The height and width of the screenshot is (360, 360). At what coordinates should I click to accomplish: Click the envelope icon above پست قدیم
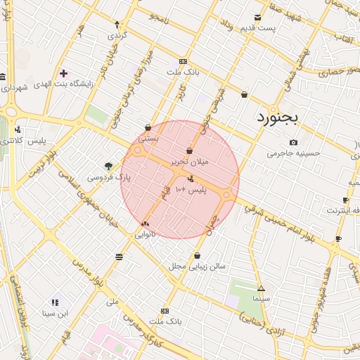[258, 18]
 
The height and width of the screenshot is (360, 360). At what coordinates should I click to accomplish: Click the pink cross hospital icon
[63, 73]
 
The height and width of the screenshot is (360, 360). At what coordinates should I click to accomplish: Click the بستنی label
[148, 139]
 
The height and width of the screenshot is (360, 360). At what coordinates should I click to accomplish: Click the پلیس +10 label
[190, 190]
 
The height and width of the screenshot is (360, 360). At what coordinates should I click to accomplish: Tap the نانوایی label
[145, 235]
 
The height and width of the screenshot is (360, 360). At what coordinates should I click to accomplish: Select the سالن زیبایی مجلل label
[196, 266]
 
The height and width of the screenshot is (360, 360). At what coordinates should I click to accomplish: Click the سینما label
[262, 300]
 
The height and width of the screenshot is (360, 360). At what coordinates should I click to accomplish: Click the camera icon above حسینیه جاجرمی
[293, 142]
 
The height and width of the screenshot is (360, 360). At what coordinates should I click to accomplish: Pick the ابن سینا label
[56, 314]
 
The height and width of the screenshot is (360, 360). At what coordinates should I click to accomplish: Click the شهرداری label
[13, 88]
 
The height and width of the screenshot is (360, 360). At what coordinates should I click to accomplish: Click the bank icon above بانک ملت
[165, 310]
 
